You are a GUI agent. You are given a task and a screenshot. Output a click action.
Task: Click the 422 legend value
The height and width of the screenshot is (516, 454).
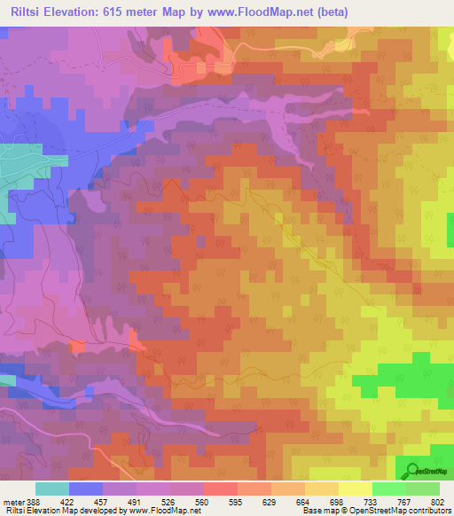coord(70,500)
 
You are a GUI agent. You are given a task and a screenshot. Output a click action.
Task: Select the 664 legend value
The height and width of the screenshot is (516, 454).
coord(303,500)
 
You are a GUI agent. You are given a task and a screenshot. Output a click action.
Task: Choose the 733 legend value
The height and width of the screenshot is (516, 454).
coord(371,500)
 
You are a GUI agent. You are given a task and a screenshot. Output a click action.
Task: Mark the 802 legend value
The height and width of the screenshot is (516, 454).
coord(439,500)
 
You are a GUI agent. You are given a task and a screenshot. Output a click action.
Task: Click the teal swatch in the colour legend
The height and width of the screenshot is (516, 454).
coord(52,489)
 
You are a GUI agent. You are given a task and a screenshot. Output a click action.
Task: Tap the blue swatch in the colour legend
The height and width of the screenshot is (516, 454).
coord(86,489)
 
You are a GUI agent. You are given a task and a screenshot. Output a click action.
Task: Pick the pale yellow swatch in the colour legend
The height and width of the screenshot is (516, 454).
coord(355,489)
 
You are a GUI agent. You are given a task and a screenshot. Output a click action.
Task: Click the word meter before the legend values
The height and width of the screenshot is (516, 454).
coord(13,500)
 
